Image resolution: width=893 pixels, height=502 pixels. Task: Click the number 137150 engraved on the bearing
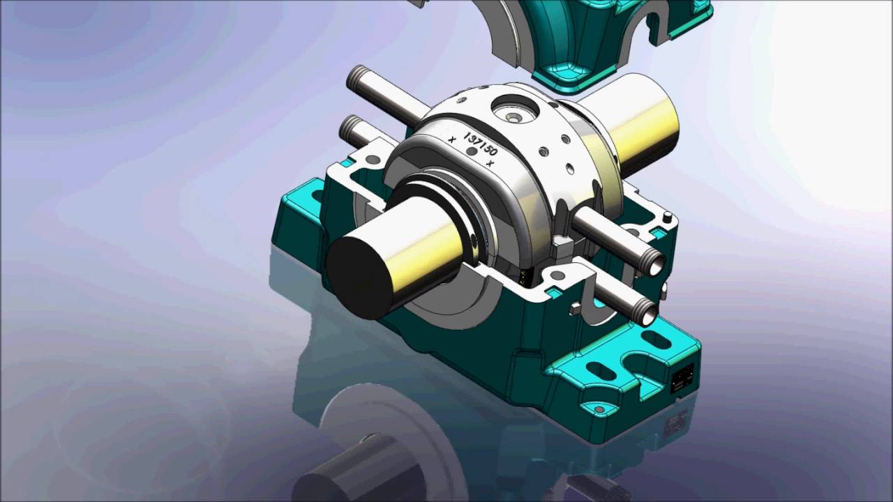pyautogui.click(x=481, y=142)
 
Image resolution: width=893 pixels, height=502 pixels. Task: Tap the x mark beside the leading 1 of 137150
pyautogui.click(x=453, y=139)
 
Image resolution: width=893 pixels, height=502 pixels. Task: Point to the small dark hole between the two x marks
pyautogui.click(x=472, y=151)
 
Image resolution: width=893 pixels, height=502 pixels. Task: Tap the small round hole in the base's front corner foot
pyautogui.click(x=598, y=408)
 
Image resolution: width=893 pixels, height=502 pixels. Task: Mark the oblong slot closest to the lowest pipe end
pyautogui.click(x=655, y=340)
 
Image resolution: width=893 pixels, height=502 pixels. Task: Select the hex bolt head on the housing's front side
pyautogui.click(x=576, y=307)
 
